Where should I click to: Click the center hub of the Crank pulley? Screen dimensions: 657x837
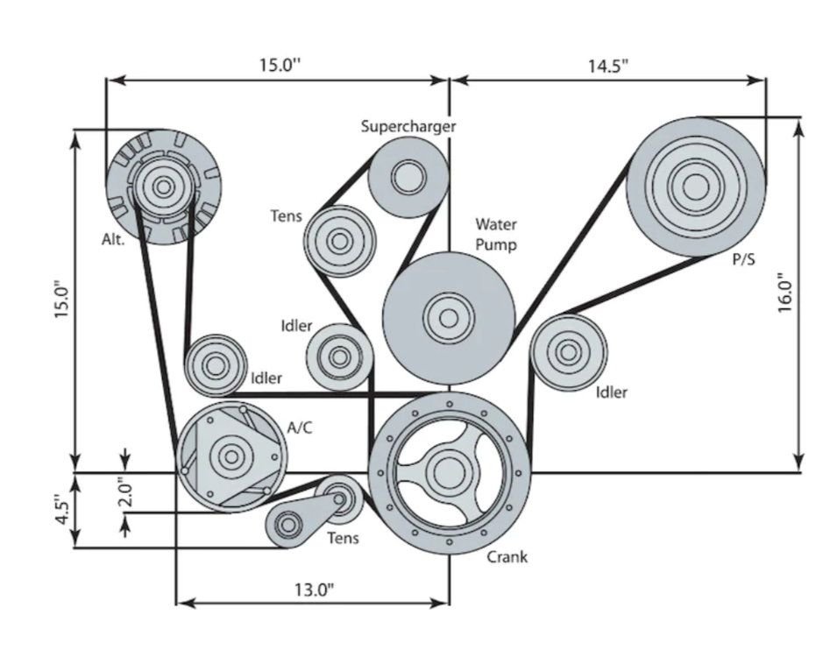[449, 472]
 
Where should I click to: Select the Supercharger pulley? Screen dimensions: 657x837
[408, 178]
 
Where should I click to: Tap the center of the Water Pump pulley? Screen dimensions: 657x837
[448, 317]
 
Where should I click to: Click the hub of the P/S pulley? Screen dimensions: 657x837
[695, 187]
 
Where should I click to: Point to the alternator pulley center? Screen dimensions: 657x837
[163, 186]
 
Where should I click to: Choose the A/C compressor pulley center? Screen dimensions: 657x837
[231, 456]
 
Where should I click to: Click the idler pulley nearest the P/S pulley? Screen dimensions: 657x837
[568, 352]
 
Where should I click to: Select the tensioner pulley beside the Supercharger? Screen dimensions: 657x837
[339, 240]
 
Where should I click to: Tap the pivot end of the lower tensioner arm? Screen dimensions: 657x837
[287, 525]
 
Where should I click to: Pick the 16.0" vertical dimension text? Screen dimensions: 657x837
[786, 292]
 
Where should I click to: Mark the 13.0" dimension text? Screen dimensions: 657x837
[313, 590]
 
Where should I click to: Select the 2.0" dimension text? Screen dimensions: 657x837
[125, 492]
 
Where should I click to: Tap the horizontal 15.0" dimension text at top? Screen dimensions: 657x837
[279, 67]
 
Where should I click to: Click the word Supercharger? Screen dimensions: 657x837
[408, 126]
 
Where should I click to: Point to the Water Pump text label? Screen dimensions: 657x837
[495, 235]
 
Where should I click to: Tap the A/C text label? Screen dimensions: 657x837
[300, 427]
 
